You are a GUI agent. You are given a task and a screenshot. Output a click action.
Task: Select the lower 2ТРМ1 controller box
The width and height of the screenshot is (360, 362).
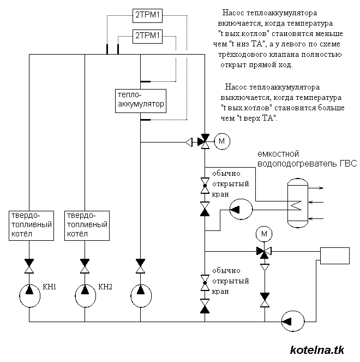[147, 37]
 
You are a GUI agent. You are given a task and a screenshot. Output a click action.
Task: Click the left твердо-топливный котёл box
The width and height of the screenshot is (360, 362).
[31, 224]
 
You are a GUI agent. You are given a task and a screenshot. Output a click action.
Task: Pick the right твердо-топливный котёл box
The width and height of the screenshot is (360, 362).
[86, 224]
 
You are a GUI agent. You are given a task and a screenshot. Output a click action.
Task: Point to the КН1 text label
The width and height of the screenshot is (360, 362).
[50, 286]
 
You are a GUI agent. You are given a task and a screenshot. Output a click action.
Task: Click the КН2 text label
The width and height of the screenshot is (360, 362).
[105, 286]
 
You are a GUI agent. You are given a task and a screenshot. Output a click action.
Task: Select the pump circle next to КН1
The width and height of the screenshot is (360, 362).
[29, 295]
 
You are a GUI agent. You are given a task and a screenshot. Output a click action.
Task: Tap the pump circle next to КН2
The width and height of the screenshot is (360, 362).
[85, 295]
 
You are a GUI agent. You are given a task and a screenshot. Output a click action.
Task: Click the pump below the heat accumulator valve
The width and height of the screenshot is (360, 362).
[140, 295]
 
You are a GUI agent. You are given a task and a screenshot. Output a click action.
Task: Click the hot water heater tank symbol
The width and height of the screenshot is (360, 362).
[297, 203]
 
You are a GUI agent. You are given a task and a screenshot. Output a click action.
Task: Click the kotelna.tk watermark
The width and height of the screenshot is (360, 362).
[317, 349]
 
